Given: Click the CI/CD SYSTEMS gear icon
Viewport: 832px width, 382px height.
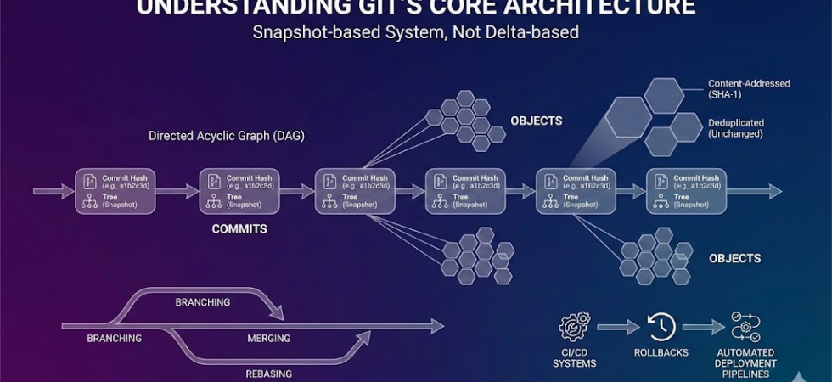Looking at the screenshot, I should click(x=575, y=327).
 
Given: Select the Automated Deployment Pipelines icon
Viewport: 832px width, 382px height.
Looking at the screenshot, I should click(x=746, y=327).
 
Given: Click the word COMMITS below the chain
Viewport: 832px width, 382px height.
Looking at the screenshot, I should click(x=239, y=229).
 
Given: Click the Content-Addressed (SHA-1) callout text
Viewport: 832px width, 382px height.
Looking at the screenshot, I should click(x=749, y=89).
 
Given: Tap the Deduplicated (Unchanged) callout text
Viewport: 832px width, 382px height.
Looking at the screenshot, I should click(x=735, y=128).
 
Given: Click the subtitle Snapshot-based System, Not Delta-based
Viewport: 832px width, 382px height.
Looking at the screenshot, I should click(x=415, y=33).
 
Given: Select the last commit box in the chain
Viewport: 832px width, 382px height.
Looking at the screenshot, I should click(x=686, y=191).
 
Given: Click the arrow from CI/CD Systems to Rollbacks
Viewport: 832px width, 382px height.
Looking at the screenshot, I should click(x=617, y=325).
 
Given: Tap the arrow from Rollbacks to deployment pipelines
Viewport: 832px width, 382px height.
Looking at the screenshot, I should click(x=703, y=325).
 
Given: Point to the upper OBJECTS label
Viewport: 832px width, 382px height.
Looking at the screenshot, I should click(x=536, y=121).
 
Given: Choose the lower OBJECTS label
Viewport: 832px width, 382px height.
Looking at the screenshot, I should click(x=734, y=258).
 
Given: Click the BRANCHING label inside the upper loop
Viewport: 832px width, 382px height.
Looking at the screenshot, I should click(x=203, y=302).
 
